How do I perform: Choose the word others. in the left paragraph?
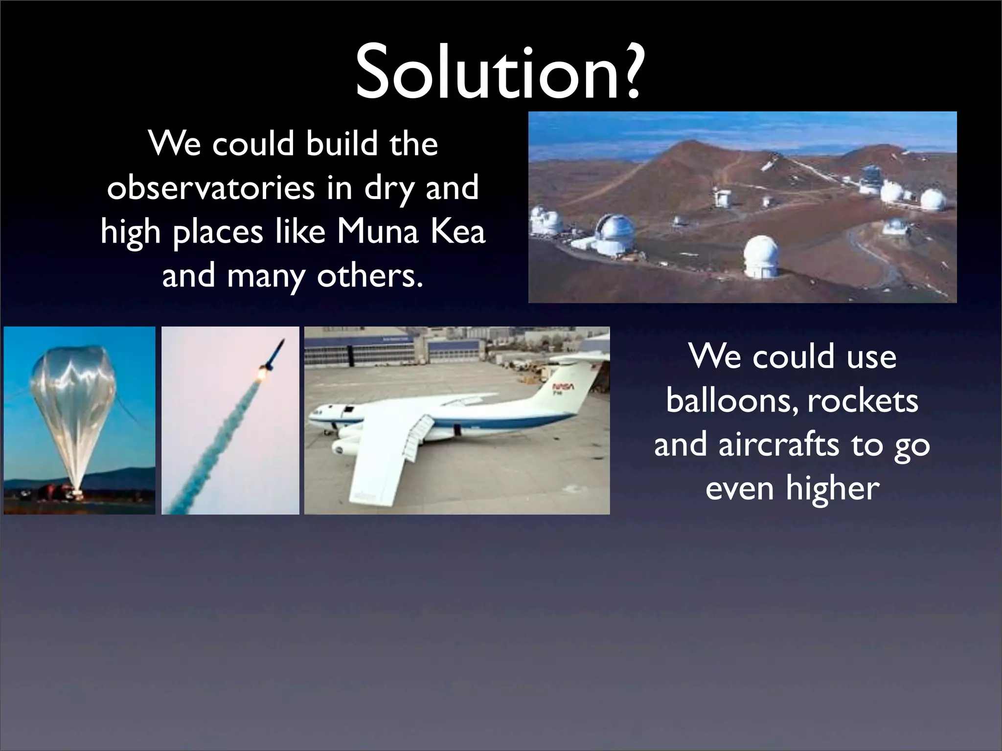tap(369, 275)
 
